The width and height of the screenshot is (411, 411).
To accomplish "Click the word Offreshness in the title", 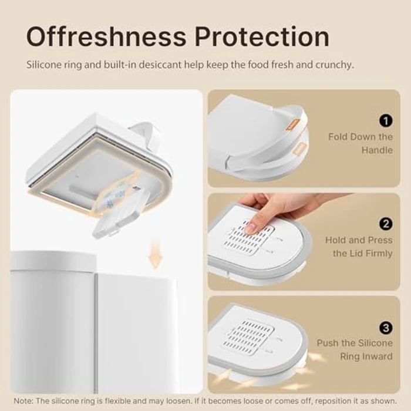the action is pyautogui.click(x=106, y=36).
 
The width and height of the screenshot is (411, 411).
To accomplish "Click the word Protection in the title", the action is pyautogui.click(x=262, y=36).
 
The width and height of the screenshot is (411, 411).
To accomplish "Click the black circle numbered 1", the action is pyautogui.click(x=386, y=121).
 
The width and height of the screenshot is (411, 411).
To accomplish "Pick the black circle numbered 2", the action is pyautogui.click(x=386, y=224).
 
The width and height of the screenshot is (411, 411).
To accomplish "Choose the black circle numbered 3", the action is pyautogui.click(x=386, y=328).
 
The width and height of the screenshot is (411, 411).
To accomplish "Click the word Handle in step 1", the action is pyautogui.click(x=377, y=150).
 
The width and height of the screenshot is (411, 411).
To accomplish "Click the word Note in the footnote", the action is pyautogui.click(x=23, y=401).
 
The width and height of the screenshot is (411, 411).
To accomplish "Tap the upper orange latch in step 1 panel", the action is pyautogui.click(x=293, y=124).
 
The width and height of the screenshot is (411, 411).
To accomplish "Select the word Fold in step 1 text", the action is pyautogui.click(x=338, y=137).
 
